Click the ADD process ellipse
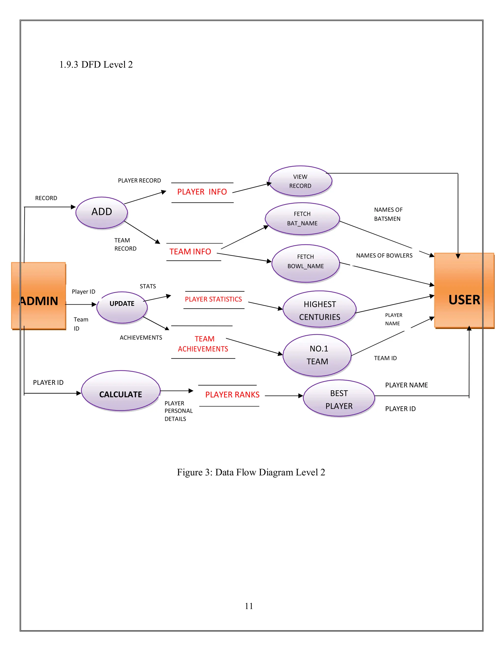point(102,212)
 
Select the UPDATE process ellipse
point(122,307)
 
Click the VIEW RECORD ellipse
point(300,181)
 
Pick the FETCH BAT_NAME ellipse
point(302,219)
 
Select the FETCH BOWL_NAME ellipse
point(306,263)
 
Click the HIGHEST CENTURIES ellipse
point(320,309)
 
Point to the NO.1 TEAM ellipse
point(317,355)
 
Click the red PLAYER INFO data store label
point(202,192)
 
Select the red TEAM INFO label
point(190,252)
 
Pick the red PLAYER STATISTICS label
point(213,299)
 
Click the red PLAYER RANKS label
point(232,395)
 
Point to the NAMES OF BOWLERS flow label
point(384,255)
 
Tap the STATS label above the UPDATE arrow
point(148,286)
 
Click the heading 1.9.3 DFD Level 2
point(96,65)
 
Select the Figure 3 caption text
point(251,472)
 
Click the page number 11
point(249,606)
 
